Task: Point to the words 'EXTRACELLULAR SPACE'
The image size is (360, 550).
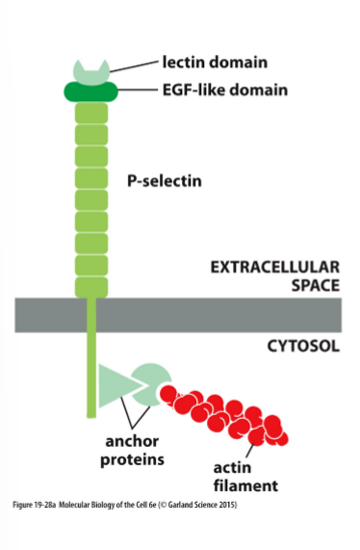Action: pyautogui.click(x=275, y=275)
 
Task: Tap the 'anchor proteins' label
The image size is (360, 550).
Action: pyautogui.click(x=133, y=451)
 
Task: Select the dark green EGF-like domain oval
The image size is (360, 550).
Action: pyautogui.click(x=91, y=92)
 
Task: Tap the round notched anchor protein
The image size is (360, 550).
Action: pyautogui.click(x=150, y=382)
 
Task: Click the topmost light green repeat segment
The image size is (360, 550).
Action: pyautogui.click(x=91, y=112)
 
